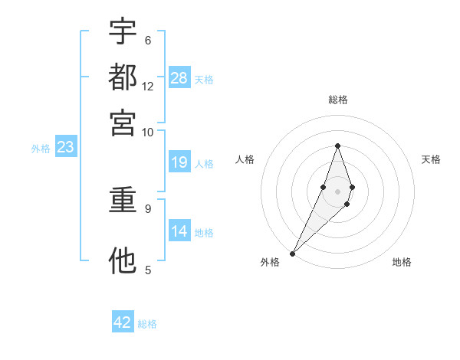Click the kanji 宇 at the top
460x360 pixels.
pyautogui.click(x=123, y=31)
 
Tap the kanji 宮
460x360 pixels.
pyautogui.click(x=123, y=123)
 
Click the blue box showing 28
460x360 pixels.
pyautogui.click(x=179, y=77)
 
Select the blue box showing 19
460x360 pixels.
pyautogui.click(x=179, y=162)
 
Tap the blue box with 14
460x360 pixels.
pyautogui.click(x=179, y=231)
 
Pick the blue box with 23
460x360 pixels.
pyautogui.click(x=65, y=148)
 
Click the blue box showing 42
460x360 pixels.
pyautogui.click(x=123, y=322)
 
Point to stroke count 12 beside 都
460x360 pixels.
pyautogui.click(x=148, y=87)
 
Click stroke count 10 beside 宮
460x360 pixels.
pyautogui.click(x=147, y=132)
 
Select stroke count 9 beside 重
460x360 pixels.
pyautogui.click(x=147, y=208)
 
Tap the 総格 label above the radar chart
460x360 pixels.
pyautogui.click(x=337, y=100)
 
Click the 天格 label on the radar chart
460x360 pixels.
pyautogui.click(x=431, y=159)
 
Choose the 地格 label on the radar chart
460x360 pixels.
pyautogui.click(x=402, y=262)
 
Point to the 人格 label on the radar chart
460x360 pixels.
pyautogui.click(x=245, y=159)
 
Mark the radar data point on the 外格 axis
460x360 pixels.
pyautogui.click(x=293, y=252)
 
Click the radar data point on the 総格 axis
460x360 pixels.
pyautogui.click(x=337, y=146)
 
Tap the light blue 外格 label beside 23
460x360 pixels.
pyautogui.click(x=41, y=149)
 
